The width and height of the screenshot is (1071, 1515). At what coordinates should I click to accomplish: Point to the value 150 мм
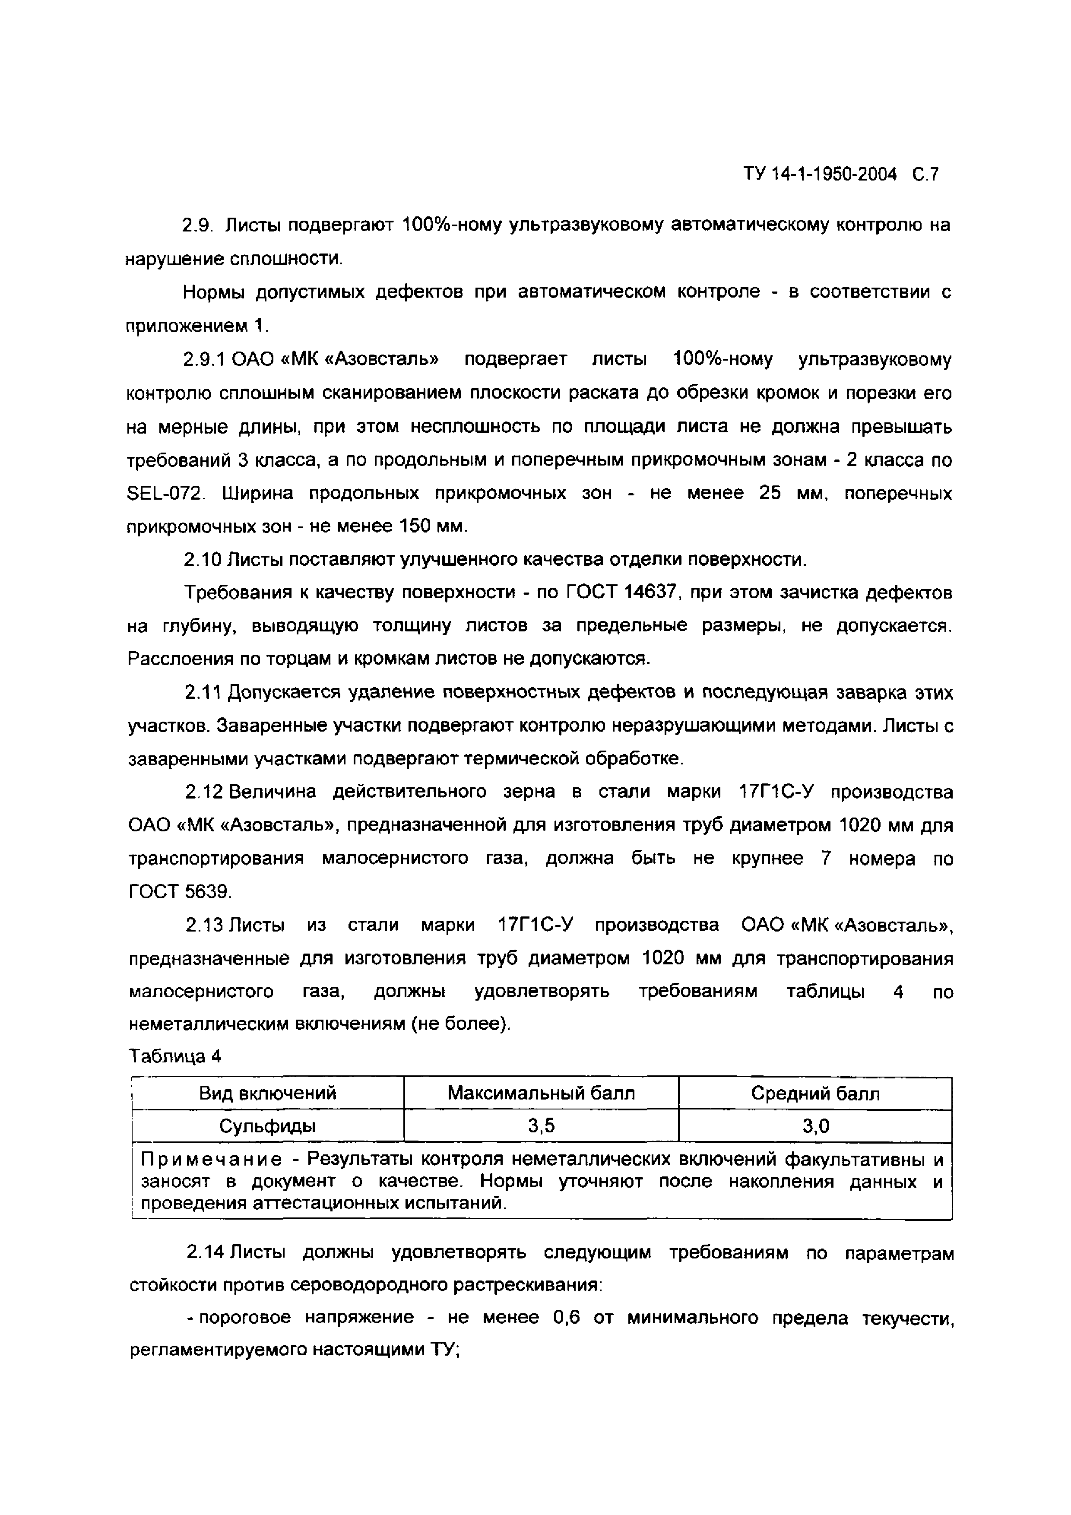[x=432, y=526]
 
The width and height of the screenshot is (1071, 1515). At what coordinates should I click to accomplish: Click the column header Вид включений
[x=268, y=1094]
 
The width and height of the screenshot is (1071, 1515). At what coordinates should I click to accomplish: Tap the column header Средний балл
[x=815, y=1094]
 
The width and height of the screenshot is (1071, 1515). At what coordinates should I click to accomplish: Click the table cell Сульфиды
[x=268, y=1126]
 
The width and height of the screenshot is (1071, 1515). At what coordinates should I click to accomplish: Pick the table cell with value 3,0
[x=815, y=1126]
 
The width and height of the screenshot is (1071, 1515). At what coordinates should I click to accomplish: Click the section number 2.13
[x=204, y=925]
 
